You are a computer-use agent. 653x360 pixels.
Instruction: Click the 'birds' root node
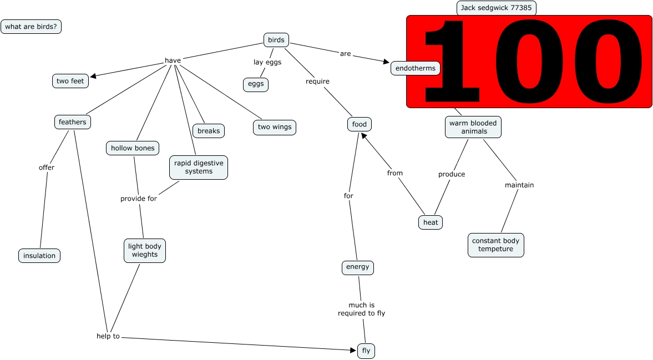pos(276,40)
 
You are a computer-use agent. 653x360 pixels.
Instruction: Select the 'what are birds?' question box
pos(31,27)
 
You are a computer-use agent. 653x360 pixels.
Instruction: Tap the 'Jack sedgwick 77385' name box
pos(496,8)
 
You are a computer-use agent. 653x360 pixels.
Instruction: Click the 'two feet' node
pos(70,81)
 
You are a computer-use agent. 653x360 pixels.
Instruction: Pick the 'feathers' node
pos(73,122)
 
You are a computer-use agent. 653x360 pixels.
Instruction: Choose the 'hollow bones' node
pos(133,148)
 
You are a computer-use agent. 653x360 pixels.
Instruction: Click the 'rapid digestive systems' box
pos(199,168)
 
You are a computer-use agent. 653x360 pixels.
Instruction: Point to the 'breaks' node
pos(209,131)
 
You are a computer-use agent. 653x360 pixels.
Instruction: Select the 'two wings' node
pos(275,127)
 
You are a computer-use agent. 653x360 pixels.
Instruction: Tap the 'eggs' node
pos(256,84)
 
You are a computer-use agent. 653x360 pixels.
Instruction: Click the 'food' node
pos(360,124)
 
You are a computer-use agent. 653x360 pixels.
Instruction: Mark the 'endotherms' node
pos(416,68)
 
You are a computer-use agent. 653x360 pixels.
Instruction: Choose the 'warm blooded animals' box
pos(473,127)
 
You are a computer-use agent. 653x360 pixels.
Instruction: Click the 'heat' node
pos(431,222)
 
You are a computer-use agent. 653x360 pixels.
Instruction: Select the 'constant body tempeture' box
pos(495,245)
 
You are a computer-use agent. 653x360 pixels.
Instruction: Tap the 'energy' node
pos(357,267)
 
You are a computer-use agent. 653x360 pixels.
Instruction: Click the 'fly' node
pos(366,351)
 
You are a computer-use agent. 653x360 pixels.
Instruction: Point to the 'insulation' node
pos(39,256)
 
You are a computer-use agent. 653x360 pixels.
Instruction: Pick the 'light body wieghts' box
pos(144,251)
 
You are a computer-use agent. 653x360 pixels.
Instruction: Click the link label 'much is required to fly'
pos(361,309)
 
